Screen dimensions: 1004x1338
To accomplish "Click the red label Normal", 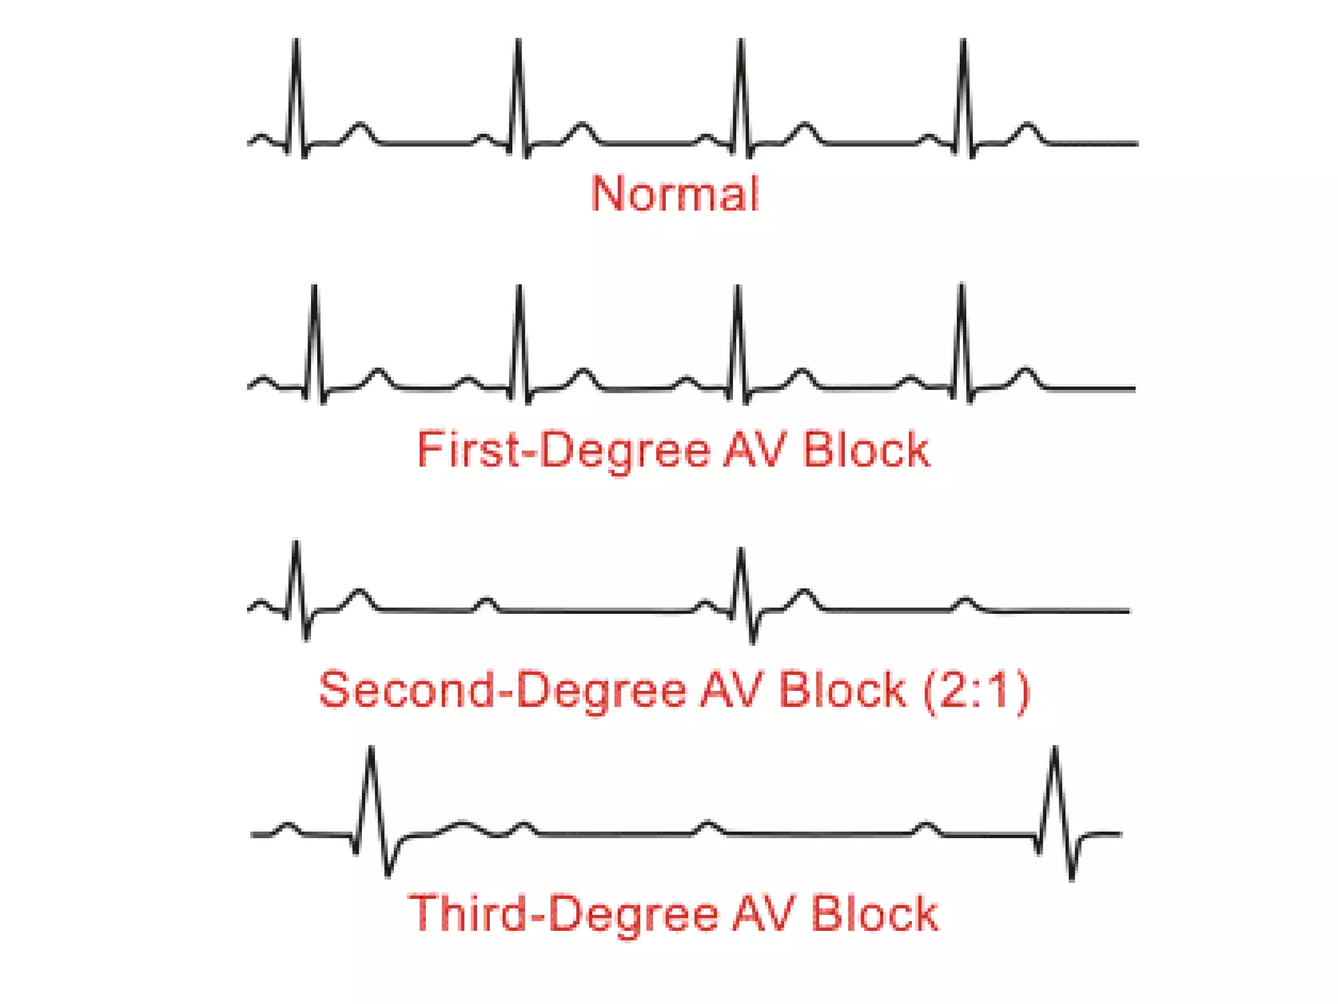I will tap(675, 193).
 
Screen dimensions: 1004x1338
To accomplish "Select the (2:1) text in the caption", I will tap(976, 690).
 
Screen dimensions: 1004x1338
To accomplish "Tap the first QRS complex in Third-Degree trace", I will tap(371, 752).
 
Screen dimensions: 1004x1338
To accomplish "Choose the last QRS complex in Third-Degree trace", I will tap(1054, 752).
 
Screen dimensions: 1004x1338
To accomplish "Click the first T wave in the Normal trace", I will tap(359, 125).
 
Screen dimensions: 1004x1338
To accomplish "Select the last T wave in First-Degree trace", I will tap(1026, 373).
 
